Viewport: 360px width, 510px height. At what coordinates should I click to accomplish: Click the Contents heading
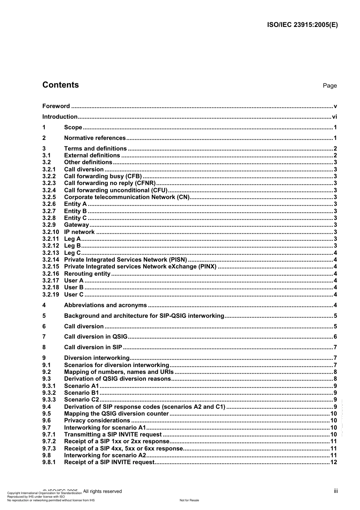coord(61,85)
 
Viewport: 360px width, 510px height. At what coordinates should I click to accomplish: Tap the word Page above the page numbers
coord(329,86)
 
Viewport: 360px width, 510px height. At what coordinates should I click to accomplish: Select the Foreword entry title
coord(56,106)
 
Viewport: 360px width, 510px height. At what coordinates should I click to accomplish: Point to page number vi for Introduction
coord(334,117)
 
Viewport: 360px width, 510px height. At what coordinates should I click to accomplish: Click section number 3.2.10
coord(50,232)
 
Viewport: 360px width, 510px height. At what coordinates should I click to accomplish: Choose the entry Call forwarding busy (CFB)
coord(103,176)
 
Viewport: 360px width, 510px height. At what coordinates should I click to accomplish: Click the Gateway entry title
coord(76,225)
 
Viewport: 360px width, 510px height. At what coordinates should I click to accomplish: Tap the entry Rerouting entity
coord(87,274)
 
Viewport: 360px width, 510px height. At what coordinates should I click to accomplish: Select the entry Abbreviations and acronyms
coord(105,305)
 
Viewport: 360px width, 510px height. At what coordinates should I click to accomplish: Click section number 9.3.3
coord(49,400)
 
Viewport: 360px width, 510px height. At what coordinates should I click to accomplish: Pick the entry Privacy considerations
coord(97,421)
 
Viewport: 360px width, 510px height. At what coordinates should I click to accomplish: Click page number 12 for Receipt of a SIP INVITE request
coord(333,462)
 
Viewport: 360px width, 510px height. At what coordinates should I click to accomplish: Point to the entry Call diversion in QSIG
coord(95,337)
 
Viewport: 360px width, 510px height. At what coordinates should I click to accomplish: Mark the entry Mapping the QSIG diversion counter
coord(116,414)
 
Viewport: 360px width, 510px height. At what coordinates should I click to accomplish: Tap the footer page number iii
coord(336,491)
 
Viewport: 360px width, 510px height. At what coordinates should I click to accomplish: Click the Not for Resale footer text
coord(189,500)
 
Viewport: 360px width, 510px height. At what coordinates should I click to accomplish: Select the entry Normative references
coord(95,138)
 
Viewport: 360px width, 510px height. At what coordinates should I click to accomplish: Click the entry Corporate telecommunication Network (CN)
coord(127,197)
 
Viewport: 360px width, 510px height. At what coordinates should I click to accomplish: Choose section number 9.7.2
coord(49,441)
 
